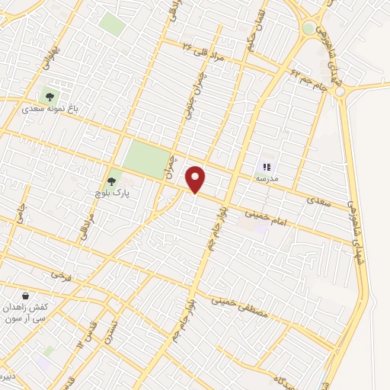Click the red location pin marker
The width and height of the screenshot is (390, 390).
196,179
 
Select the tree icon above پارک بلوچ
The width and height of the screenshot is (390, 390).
112,181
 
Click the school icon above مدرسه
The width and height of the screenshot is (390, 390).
267,166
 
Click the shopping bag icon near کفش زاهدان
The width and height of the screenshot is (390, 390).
27,296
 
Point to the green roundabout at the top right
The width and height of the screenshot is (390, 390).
308,28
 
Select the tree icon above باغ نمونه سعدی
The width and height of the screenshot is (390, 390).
50,97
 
